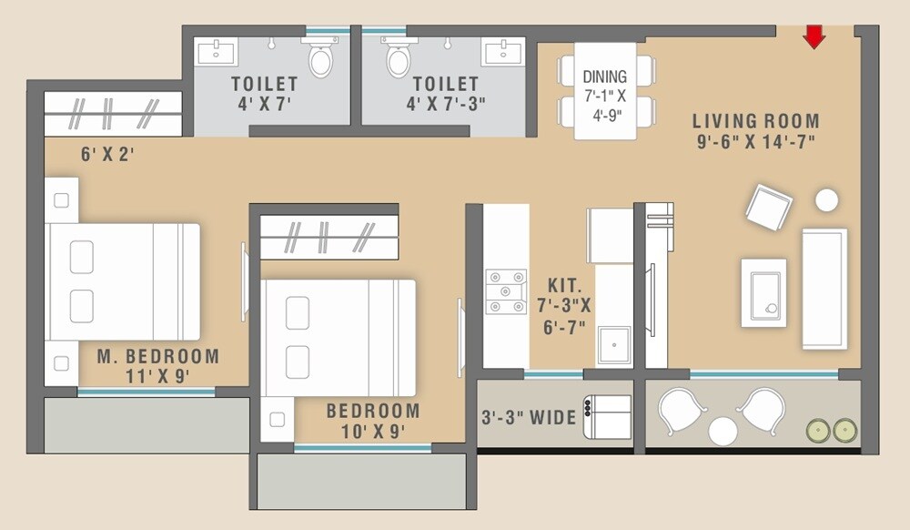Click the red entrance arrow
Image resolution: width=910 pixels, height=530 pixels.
coord(814,36)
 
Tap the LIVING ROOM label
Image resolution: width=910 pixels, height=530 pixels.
coord(755,121)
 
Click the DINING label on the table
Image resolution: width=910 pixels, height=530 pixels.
coord(605,77)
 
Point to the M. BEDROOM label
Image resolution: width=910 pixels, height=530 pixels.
coord(158,356)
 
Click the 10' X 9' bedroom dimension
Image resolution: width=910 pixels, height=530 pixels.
coord(373,432)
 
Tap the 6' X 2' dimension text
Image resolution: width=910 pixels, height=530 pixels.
coord(107,155)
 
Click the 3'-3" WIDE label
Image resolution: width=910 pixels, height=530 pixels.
coord(529,418)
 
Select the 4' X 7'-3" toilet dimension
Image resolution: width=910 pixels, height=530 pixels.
coord(446,104)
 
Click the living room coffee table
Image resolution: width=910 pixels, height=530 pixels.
coord(763,292)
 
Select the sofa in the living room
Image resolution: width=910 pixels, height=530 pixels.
coord(824,288)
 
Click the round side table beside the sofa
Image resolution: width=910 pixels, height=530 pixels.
coord(826,199)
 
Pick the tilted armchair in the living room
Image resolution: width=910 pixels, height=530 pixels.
coord(769,208)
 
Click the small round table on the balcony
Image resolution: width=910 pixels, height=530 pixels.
coord(723,431)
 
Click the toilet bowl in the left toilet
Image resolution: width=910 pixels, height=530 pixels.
coord(320,59)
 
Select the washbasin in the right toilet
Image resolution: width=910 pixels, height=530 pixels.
coord(503,51)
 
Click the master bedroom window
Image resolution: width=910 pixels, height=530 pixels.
coord(146,392)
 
